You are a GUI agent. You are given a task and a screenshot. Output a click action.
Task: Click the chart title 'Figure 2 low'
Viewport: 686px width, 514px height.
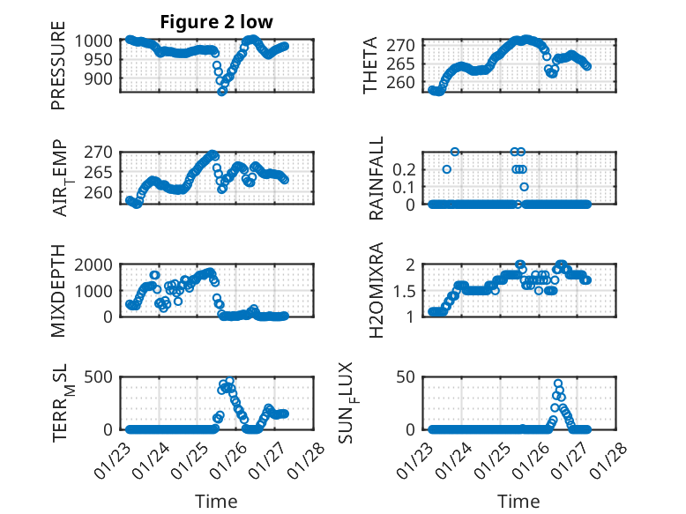click(216, 21)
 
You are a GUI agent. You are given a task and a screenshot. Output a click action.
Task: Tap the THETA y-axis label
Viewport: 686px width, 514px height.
click(370, 65)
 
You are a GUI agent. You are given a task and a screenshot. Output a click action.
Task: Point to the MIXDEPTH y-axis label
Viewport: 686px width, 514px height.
click(58, 289)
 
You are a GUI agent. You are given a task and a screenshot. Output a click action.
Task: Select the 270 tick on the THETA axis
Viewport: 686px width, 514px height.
click(410, 44)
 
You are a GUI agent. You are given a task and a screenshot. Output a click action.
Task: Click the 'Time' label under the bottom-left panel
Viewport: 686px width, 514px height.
click(216, 501)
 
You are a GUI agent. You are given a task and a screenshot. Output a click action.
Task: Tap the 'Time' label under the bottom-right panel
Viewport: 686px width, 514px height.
click(519, 501)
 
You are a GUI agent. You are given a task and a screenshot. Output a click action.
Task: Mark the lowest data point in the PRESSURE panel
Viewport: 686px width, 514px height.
click(222, 91)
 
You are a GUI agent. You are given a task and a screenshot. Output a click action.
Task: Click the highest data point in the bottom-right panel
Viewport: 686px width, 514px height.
click(558, 384)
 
